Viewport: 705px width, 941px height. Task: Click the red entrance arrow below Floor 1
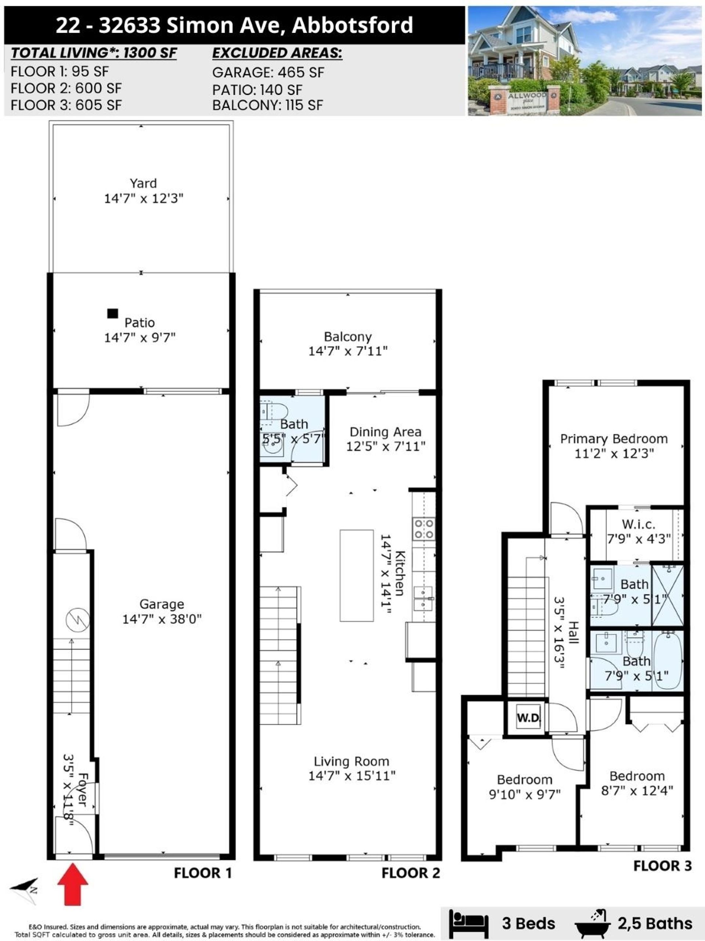coord(73,884)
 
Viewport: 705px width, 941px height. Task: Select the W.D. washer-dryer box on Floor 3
coord(528,717)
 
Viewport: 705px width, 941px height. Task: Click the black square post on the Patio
coord(113,314)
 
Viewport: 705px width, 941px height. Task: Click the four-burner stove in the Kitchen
coord(424,529)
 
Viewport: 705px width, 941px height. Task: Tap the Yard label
coord(143,183)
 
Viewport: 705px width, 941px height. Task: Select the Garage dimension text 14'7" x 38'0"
coord(162,619)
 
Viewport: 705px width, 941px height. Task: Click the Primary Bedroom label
coord(614,439)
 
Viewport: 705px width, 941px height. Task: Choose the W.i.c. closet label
coord(638,524)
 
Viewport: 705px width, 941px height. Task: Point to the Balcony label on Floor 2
coord(348,337)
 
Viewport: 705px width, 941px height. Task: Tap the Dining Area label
coord(386,432)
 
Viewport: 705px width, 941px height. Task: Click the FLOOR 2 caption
coord(411,873)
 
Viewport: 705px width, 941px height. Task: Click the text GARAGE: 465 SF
coord(268,73)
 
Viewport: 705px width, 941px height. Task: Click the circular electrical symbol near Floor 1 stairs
coord(78,619)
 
